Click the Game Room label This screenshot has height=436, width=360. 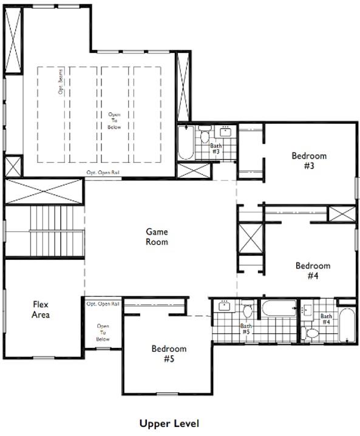tap(157, 236)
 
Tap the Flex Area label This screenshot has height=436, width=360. tap(41, 310)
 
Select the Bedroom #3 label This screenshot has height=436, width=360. tap(309, 160)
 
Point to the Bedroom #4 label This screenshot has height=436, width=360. tap(313, 270)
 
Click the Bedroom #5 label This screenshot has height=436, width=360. tap(169, 353)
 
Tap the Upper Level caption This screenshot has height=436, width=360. tap(169, 423)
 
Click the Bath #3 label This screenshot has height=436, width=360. tap(216, 149)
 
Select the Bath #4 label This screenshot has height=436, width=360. tap(326, 319)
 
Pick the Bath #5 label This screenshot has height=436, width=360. tap(246, 329)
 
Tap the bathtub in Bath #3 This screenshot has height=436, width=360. tap(185, 143)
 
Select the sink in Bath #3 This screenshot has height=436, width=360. tap(225, 132)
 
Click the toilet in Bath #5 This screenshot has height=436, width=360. tap(248, 312)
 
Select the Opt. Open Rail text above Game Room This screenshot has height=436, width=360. tap(103, 173)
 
